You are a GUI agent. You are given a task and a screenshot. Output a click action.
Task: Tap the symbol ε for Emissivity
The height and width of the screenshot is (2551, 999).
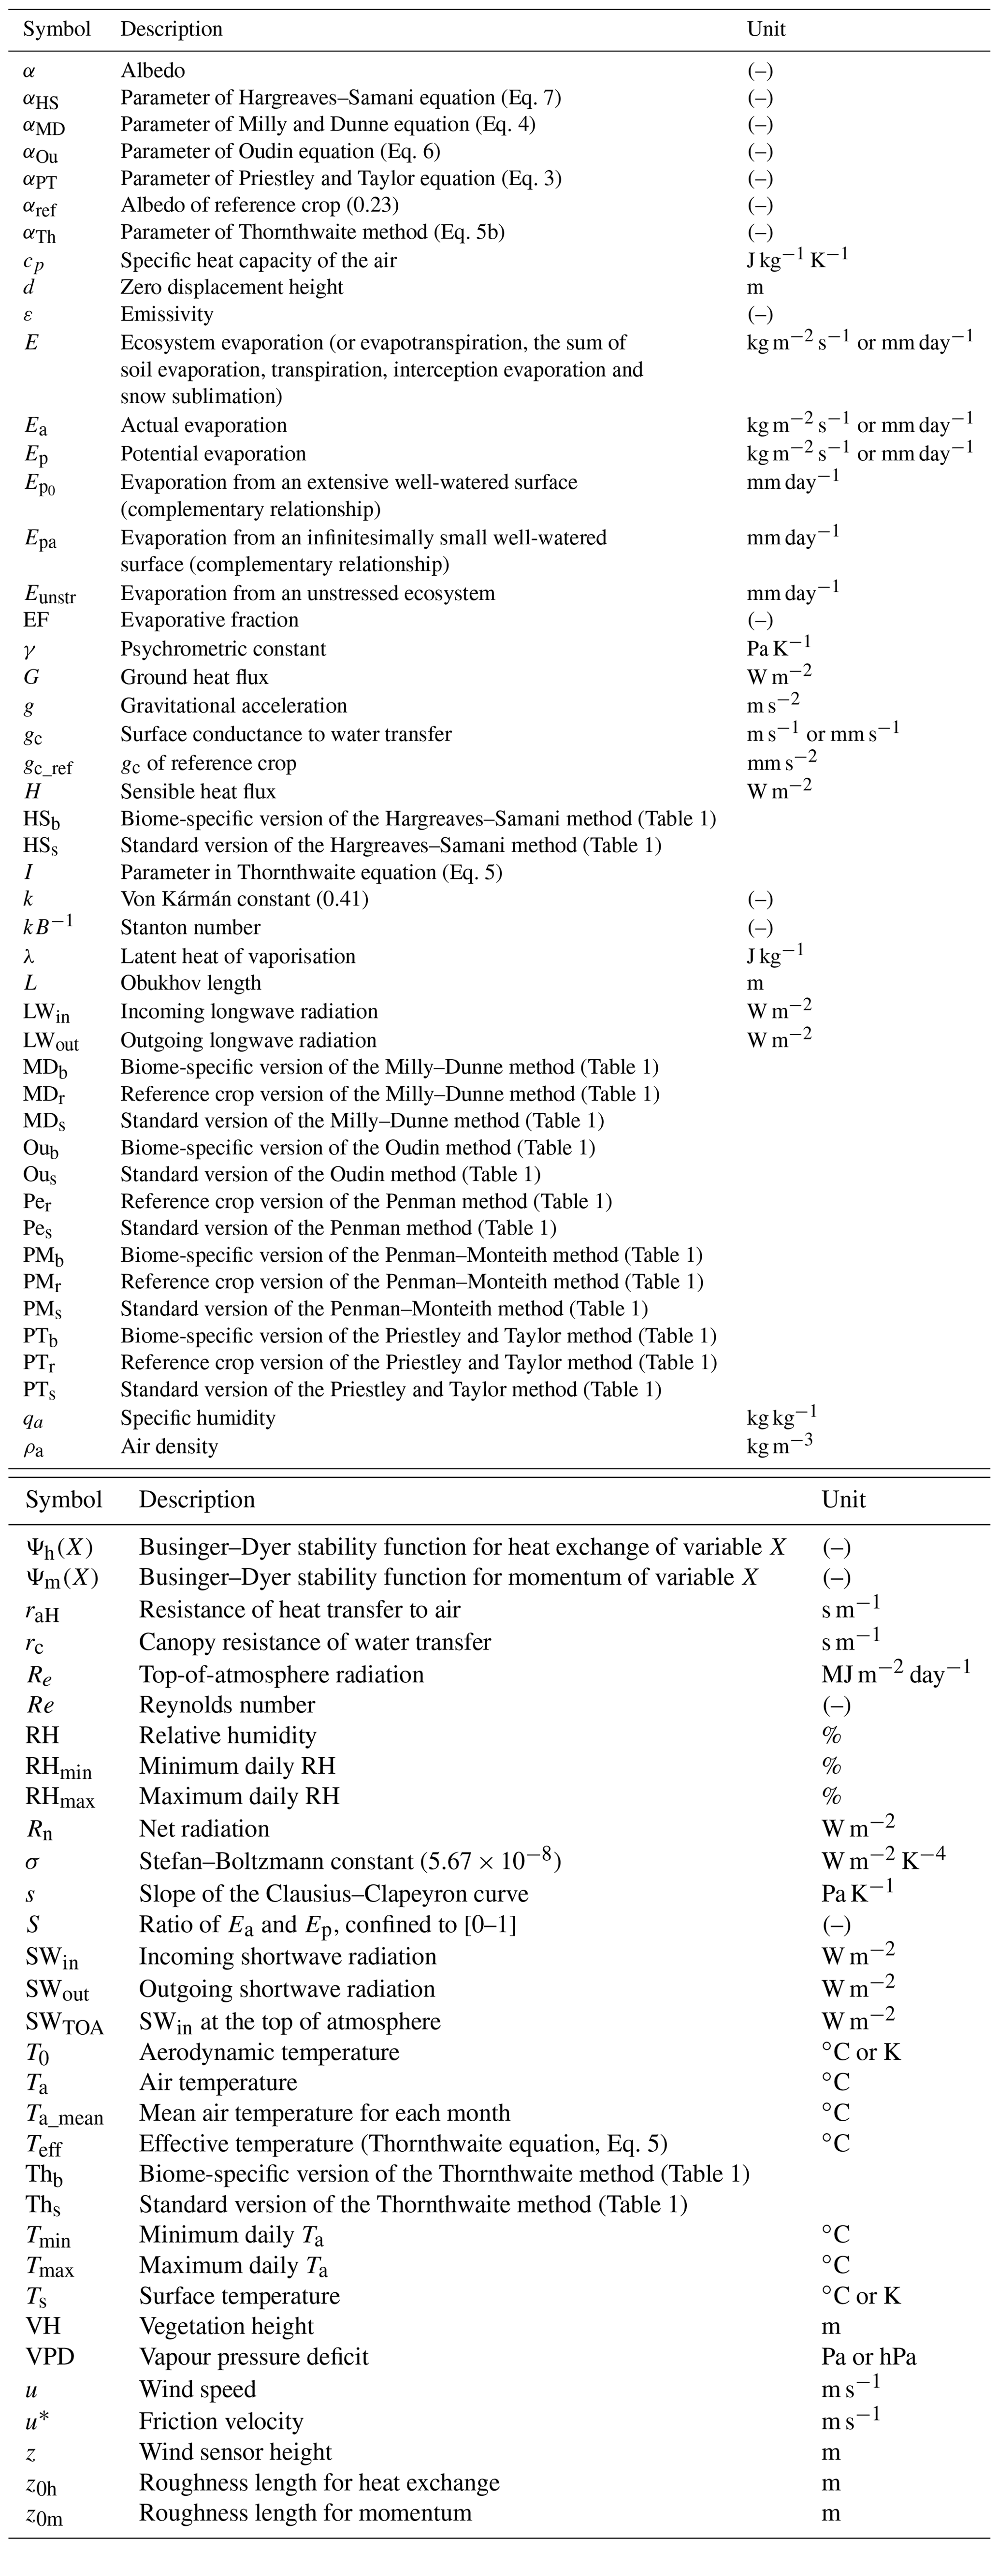[29, 315]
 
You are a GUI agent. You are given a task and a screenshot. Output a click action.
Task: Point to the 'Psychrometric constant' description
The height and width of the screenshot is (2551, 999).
[223, 649]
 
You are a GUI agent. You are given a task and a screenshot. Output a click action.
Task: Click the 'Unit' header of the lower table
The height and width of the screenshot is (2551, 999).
[843, 1499]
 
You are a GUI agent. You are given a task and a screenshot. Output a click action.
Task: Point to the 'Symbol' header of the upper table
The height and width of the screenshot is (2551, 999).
[57, 29]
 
